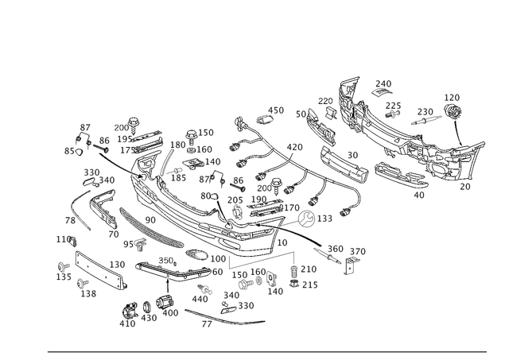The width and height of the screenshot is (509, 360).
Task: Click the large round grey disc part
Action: point(324,219)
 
